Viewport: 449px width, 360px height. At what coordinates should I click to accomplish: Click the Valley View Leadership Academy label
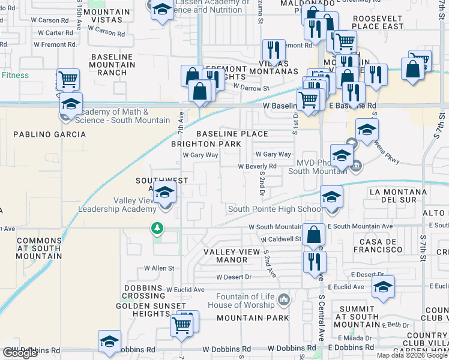pyautogui.click(x=117, y=205)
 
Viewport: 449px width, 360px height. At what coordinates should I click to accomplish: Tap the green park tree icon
pyautogui.click(x=157, y=228)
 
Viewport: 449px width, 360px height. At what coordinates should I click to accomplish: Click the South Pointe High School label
pyautogui.click(x=275, y=209)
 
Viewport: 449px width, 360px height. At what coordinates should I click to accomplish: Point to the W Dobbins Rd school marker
pyautogui.click(x=110, y=341)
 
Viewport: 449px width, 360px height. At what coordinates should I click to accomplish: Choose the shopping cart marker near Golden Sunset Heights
pyautogui.click(x=182, y=325)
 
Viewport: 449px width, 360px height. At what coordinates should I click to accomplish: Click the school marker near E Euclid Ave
pyautogui.click(x=383, y=287)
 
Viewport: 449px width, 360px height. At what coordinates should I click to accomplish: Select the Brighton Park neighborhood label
pyautogui.click(x=206, y=144)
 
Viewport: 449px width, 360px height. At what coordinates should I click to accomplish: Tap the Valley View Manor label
pyautogui.click(x=225, y=256)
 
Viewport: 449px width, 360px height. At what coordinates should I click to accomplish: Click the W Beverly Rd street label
pyautogui.click(x=257, y=166)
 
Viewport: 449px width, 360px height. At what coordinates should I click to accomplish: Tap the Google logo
pyautogui.click(x=20, y=353)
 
